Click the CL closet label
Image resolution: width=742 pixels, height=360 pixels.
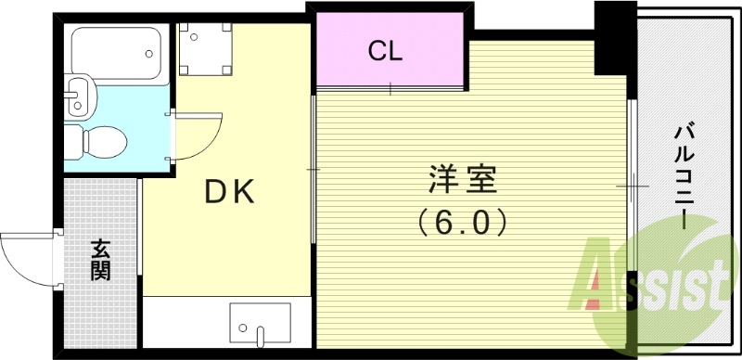pyautogui.click(x=385, y=50)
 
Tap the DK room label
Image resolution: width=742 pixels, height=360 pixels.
pyautogui.click(x=229, y=191)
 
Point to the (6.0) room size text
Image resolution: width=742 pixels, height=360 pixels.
pyautogui.click(x=462, y=222)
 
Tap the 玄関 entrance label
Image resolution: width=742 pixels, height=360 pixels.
pyautogui.click(x=100, y=259)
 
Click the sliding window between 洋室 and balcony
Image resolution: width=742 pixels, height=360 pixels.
pyautogui.click(x=631, y=186)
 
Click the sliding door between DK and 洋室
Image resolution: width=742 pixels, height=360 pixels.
pyautogui.click(x=313, y=170)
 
